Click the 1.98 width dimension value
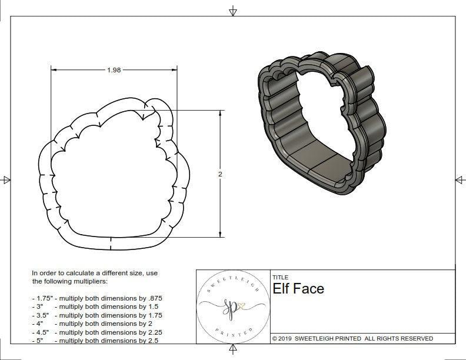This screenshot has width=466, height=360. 114,70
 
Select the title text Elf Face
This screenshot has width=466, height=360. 298,288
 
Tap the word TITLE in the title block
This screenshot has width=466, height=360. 279,277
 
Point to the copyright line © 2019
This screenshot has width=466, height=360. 288,339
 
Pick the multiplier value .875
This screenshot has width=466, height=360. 162,298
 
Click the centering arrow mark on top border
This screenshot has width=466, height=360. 233,11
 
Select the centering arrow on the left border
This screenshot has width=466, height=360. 6,180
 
